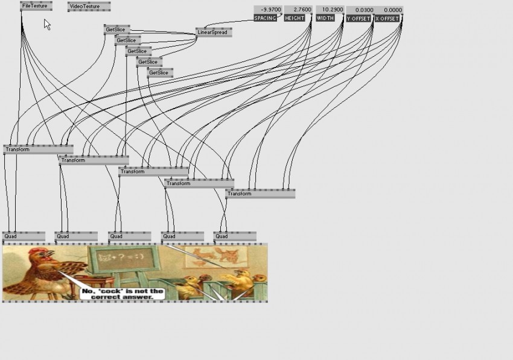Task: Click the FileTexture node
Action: [x=36, y=6]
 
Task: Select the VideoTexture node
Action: [x=89, y=6]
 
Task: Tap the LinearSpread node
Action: [x=214, y=33]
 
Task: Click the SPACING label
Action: [x=266, y=18]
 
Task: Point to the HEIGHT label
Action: [x=295, y=18]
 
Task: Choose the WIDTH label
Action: [x=325, y=18]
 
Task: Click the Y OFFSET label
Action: [x=358, y=19]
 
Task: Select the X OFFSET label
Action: [x=387, y=19]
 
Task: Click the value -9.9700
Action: [x=271, y=10]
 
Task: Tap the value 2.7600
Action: [x=302, y=10]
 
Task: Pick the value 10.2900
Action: [x=333, y=10]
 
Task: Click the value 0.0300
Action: [x=364, y=10]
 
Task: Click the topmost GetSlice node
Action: [x=117, y=30]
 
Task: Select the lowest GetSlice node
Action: [x=160, y=72]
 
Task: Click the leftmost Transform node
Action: [x=38, y=150]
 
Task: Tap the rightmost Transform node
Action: [x=261, y=194]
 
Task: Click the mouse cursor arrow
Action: [x=47, y=25]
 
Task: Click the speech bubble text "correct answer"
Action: [x=122, y=297]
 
